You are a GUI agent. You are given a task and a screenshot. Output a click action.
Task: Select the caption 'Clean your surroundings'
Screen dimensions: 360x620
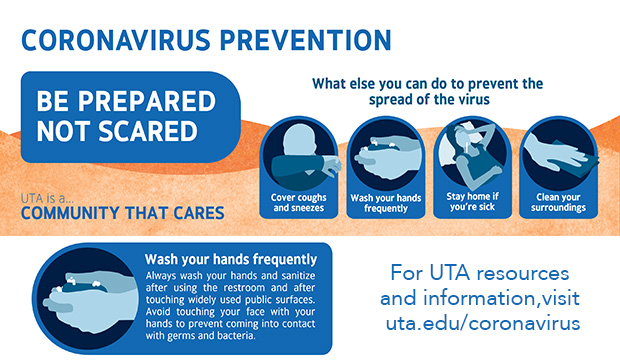tap(558, 203)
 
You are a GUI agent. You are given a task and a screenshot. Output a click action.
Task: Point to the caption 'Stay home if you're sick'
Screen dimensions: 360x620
tap(470, 203)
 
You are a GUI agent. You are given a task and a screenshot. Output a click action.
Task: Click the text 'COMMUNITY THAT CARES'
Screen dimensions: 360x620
tap(122, 212)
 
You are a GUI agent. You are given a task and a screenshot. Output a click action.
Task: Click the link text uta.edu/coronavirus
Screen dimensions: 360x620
tap(483, 324)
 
